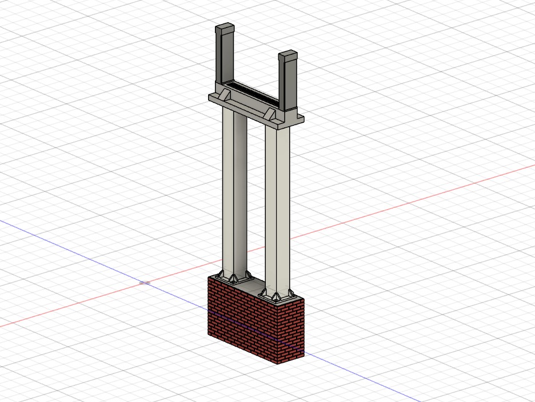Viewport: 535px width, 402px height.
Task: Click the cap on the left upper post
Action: click(224, 28)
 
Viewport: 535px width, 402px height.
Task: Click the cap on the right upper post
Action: click(289, 55)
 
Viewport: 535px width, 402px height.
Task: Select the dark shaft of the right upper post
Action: click(288, 83)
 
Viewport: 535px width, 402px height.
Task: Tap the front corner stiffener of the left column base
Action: click(233, 278)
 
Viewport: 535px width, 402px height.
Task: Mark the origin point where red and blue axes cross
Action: click(145, 282)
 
